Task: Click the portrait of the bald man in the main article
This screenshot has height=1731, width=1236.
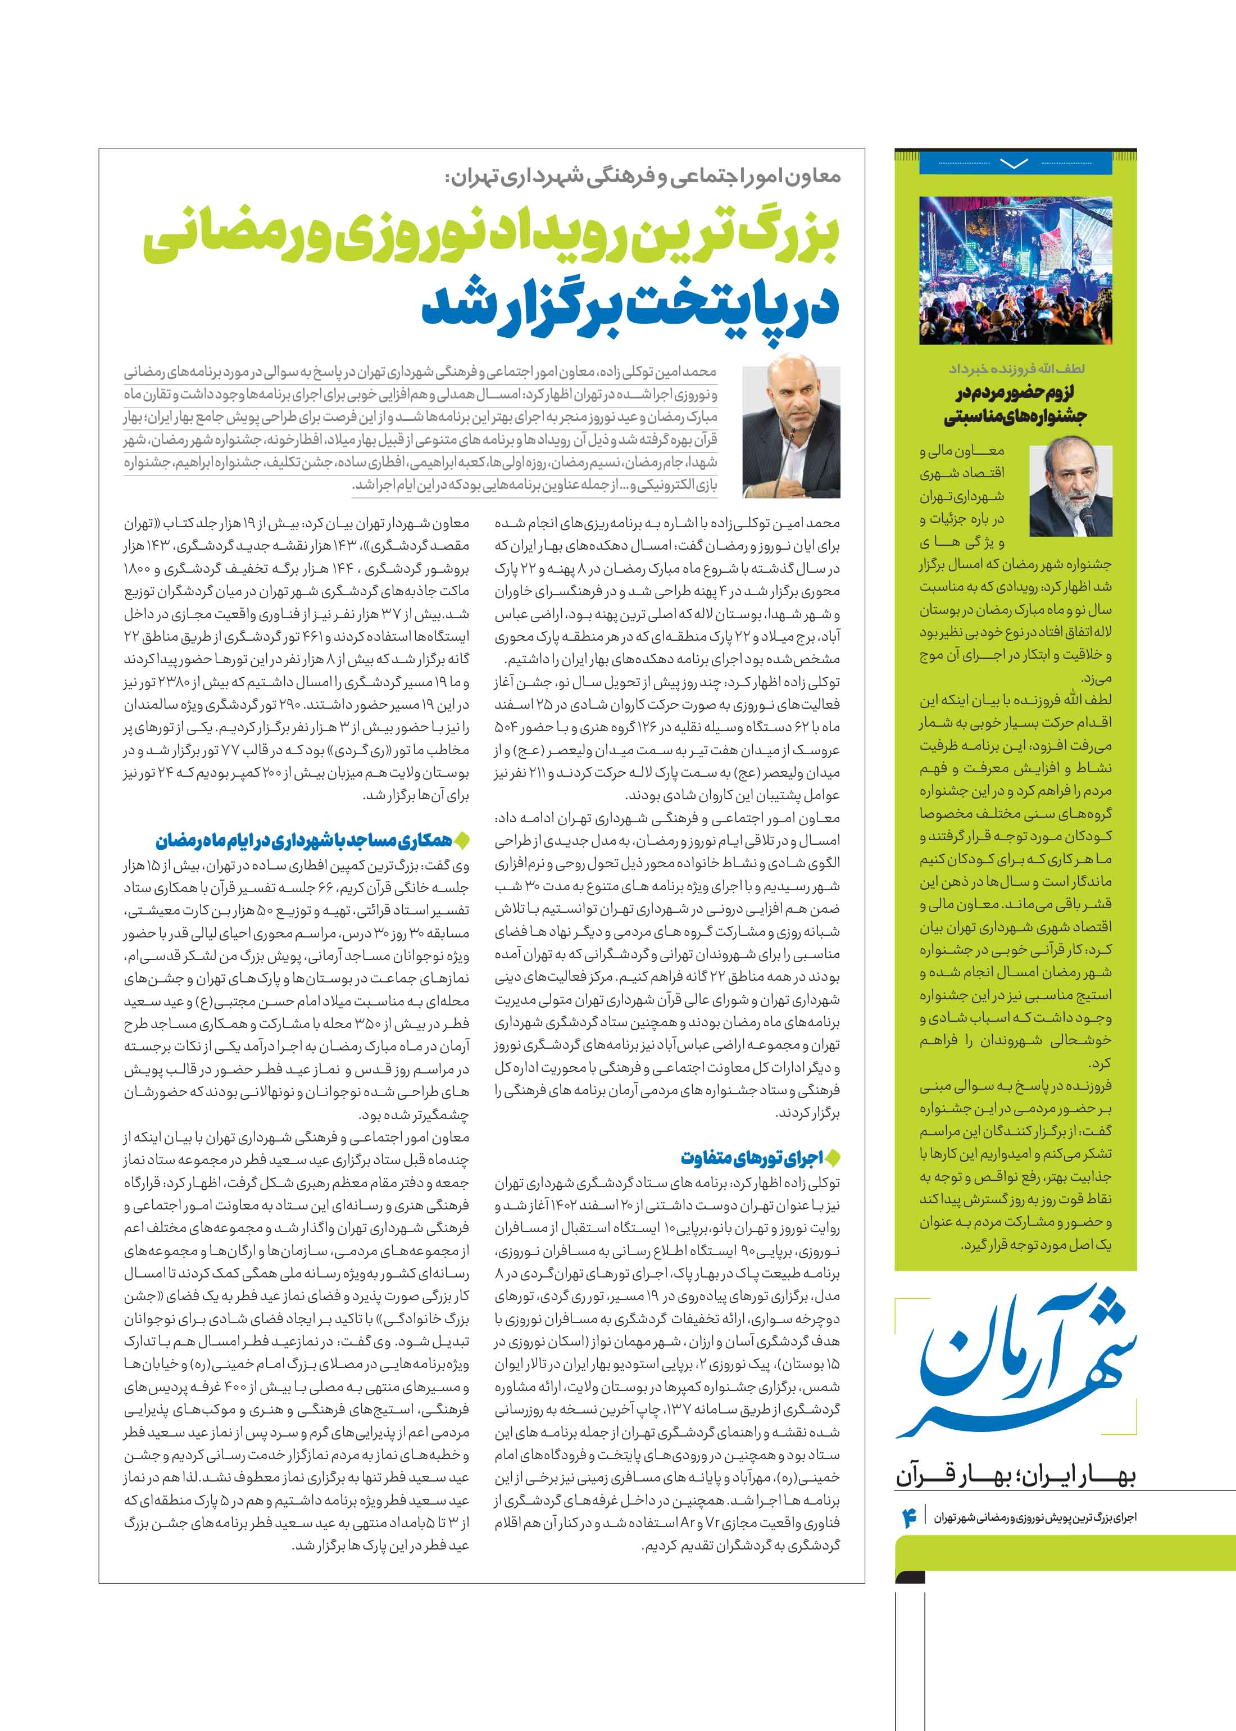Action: pyautogui.click(x=791, y=431)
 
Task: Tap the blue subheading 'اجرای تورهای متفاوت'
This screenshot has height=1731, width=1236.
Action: pyautogui.click(x=752, y=1158)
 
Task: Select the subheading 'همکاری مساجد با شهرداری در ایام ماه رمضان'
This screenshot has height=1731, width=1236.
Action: pyautogui.click(x=304, y=840)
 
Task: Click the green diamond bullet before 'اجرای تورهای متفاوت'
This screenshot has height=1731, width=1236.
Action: pyautogui.click(x=833, y=1158)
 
